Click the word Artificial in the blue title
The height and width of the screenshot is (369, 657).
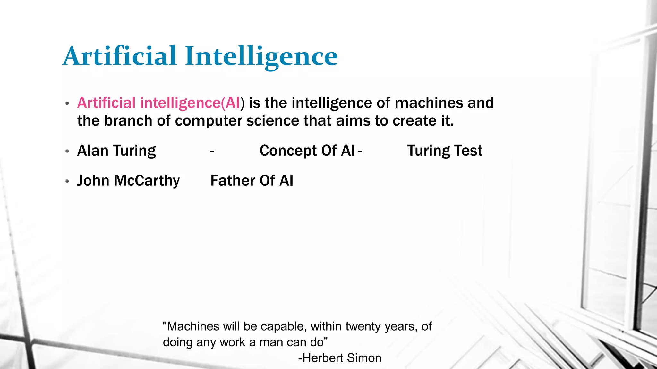[x=120, y=56]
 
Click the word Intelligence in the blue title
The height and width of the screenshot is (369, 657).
[x=261, y=57]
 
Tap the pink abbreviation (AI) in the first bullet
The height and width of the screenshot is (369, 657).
[x=233, y=103]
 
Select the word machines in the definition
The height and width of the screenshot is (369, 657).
[x=429, y=103]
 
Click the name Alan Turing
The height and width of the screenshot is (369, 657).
[x=116, y=151]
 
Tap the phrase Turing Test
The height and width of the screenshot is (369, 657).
[x=445, y=151]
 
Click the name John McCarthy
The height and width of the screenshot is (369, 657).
[x=128, y=181]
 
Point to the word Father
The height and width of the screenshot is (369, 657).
[x=233, y=181]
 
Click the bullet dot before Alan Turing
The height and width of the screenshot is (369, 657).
[x=67, y=151]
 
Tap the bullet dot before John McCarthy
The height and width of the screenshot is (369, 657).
[x=67, y=181]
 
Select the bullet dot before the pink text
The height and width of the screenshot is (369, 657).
[x=67, y=103]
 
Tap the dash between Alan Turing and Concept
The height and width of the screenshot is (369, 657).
[x=212, y=151]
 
